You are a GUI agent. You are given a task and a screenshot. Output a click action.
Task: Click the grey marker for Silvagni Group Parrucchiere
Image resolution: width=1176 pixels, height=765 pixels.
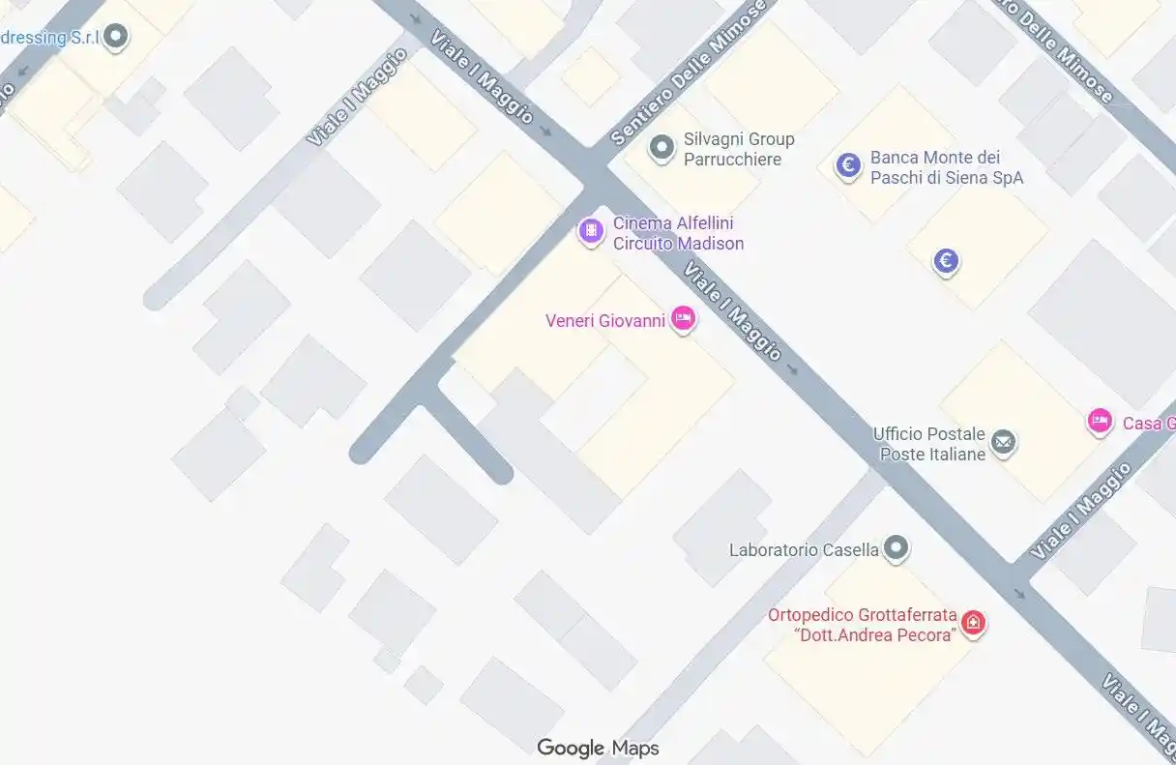(x=661, y=148)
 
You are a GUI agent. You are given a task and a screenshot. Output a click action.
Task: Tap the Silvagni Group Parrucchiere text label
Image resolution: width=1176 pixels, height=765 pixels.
(x=739, y=149)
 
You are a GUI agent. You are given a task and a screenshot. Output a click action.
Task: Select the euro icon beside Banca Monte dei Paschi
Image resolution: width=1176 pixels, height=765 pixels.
(x=848, y=166)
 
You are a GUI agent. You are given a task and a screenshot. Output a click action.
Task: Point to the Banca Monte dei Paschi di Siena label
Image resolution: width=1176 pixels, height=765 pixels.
(x=946, y=167)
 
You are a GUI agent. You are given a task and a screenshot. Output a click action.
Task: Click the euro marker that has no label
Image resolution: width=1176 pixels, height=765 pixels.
(x=946, y=260)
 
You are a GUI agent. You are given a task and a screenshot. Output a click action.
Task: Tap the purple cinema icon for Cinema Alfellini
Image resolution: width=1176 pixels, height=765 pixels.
(x=590, y=231)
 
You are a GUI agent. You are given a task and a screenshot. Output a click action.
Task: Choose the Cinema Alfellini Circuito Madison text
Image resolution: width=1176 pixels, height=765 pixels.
(x=678, y=233)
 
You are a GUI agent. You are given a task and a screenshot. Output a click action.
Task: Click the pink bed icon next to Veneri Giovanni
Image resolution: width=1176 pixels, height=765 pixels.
(x=683, y=318)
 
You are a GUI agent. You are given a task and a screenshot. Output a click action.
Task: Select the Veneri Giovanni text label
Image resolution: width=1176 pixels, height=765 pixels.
(x=604, y=320)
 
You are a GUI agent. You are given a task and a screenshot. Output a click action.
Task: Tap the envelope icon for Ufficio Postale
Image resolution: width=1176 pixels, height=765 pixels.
(x=1004, y=443)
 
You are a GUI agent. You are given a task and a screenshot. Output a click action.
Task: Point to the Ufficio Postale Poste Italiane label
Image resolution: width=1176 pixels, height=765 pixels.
(x=928, y=444)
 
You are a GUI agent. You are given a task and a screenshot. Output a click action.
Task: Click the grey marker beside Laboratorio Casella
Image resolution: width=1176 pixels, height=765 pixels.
(x=897, y=548)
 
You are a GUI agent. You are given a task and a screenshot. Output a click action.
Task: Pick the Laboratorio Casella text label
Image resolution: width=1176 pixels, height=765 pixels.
(x=804, y=550)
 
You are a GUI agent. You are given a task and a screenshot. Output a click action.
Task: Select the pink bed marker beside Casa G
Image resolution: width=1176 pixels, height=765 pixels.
(x=1099, y=421)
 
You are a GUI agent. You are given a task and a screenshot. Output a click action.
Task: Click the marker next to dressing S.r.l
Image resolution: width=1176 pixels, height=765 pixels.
(x=116, y=38)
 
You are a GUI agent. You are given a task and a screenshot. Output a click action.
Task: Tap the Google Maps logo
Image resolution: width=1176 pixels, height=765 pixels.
(x=598, y=748)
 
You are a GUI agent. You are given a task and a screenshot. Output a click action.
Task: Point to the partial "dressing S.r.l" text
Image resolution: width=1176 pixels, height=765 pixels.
(x=50, y=38)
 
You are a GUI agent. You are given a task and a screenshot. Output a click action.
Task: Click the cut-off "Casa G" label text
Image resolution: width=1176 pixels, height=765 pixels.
(x=1148, y=423)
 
